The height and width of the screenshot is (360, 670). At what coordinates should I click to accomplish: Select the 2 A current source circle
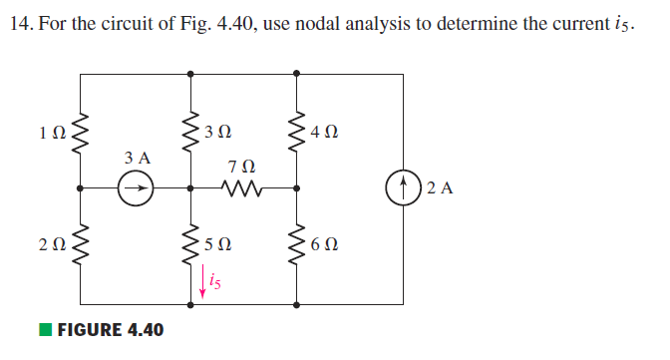click(404, 186)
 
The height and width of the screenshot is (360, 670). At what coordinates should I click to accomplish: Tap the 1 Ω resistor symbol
click(81, 131)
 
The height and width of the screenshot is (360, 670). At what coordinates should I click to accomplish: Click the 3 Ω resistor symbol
click(191, 131)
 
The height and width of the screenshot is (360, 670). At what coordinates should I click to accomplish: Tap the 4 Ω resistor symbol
click(297, 131)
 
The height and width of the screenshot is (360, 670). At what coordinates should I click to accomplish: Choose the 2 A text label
click(439, 186)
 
